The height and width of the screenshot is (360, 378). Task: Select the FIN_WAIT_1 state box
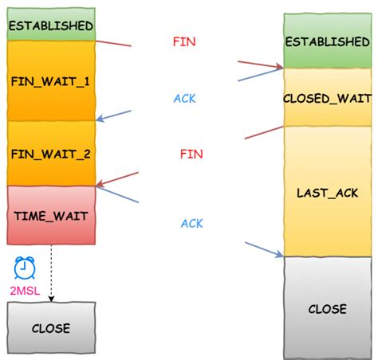(50, 81)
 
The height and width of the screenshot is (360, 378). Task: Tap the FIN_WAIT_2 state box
(50, 153)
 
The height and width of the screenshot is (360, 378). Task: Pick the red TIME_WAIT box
(50, 215)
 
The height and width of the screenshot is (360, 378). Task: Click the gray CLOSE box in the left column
(50, 327)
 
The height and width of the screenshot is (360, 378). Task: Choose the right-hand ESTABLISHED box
(327, 41)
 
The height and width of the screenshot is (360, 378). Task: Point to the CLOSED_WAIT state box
(327, 97)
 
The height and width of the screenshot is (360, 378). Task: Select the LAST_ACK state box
(327, 192)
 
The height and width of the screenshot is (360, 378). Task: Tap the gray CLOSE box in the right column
(327, 308)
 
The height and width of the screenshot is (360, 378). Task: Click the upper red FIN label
(184, 41)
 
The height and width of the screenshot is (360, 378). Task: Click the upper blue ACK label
(184, 99)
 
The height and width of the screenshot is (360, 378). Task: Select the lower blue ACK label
(191, 223)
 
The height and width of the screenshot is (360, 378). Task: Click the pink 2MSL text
(25, 292)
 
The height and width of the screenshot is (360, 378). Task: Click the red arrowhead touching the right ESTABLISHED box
(278, 67)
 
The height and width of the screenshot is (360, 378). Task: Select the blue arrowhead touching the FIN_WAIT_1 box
(100, 120)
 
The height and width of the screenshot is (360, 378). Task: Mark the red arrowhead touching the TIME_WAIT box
(100, 185)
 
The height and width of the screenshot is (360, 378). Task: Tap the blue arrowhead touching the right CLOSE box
(279, 255)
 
